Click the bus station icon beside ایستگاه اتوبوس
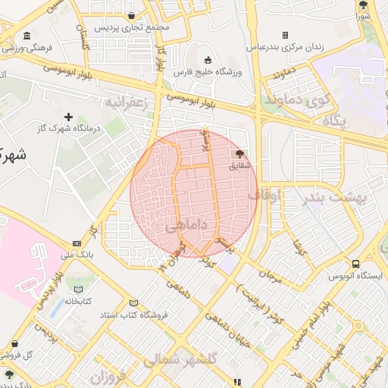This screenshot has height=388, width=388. (356, 264)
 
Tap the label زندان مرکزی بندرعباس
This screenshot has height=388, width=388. (285, 46)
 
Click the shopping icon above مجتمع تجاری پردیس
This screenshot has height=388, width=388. (133, 15)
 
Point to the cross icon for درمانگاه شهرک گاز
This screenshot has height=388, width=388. (69, 117)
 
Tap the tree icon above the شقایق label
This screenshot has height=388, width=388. (240, 155)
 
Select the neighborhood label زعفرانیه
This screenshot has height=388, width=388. (130, 102)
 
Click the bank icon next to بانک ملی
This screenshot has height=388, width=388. (77, 243)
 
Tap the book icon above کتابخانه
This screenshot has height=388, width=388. (77, 289)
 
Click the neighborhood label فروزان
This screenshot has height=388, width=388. (107, 377)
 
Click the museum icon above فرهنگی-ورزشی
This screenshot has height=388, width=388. (27, 36)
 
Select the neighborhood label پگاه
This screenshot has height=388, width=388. (334, 120)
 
